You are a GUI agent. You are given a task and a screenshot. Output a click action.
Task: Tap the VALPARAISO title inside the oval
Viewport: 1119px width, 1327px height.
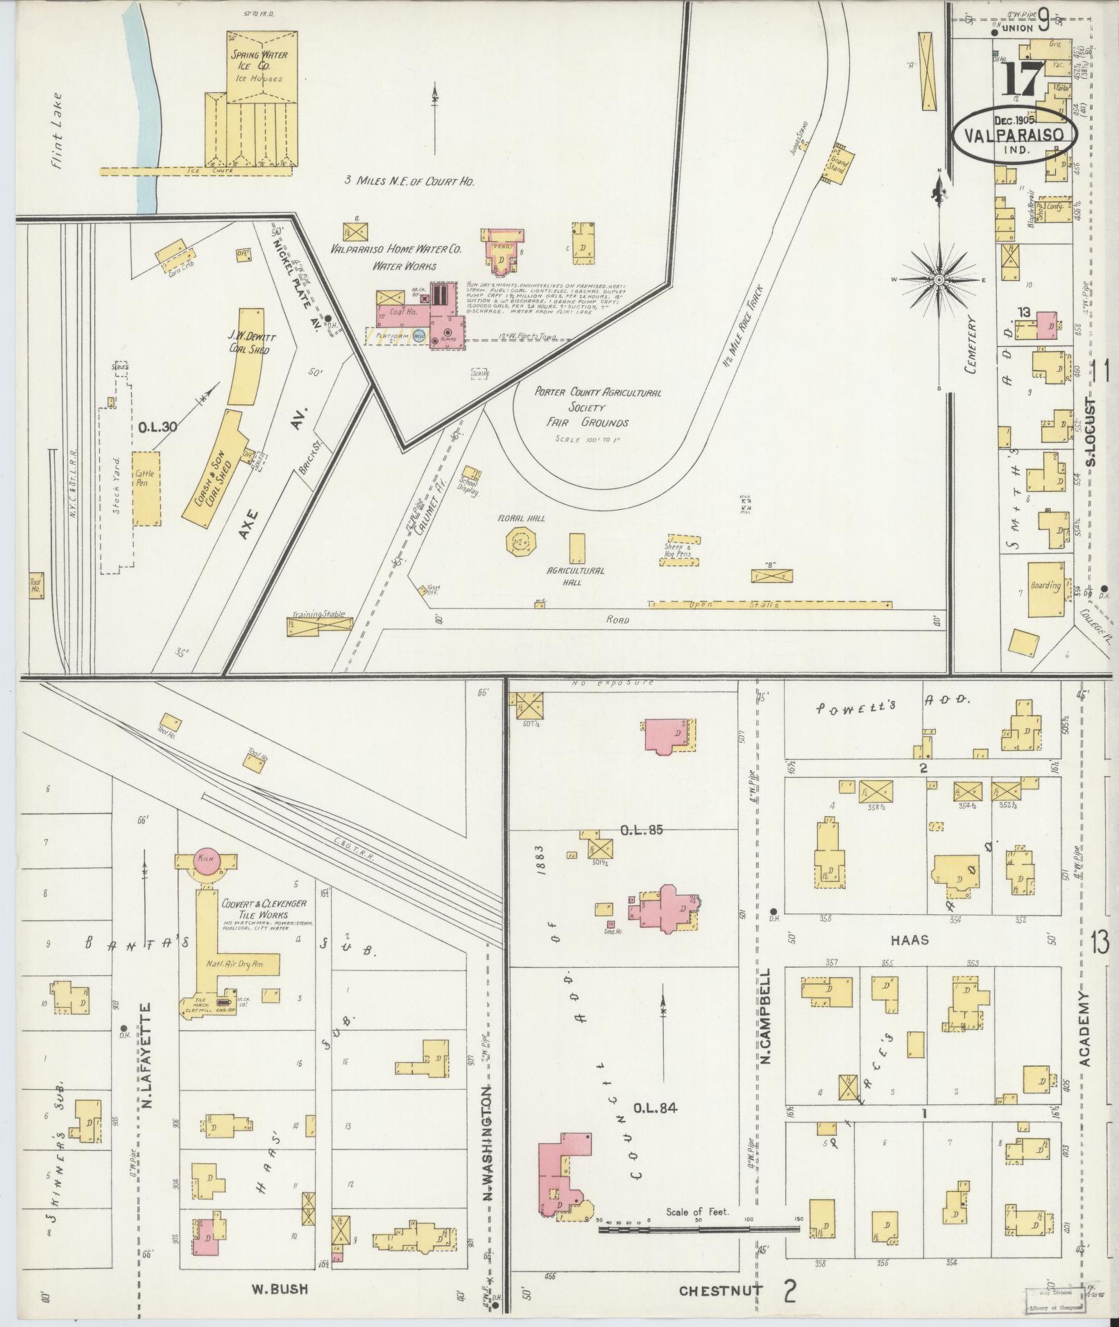[1014, 135]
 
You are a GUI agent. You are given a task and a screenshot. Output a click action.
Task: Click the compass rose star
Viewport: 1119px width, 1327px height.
[938, 280]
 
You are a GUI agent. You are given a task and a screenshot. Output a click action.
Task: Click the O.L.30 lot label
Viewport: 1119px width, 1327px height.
[157, 428]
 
